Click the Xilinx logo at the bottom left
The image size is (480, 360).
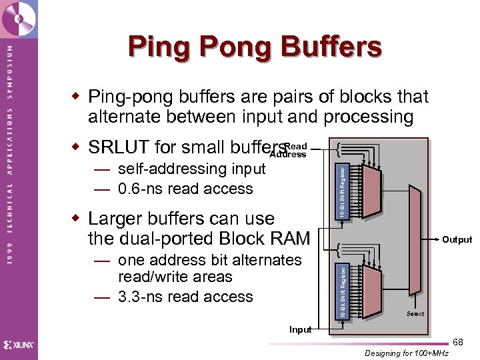[x=19, y=345]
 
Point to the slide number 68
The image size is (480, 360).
[x=457, y=342]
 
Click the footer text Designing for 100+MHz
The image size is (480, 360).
[x=407, y=353]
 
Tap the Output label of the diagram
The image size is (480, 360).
[x=457, y=240]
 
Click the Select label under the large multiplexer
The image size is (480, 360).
[x=415, y=314]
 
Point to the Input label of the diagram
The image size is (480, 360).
[x=300, y=329]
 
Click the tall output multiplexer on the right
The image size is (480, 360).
[x=414, y=240]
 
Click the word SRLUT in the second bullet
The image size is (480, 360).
[x=118, y=146]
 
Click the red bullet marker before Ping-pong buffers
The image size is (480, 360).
[x=76, y=97]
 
